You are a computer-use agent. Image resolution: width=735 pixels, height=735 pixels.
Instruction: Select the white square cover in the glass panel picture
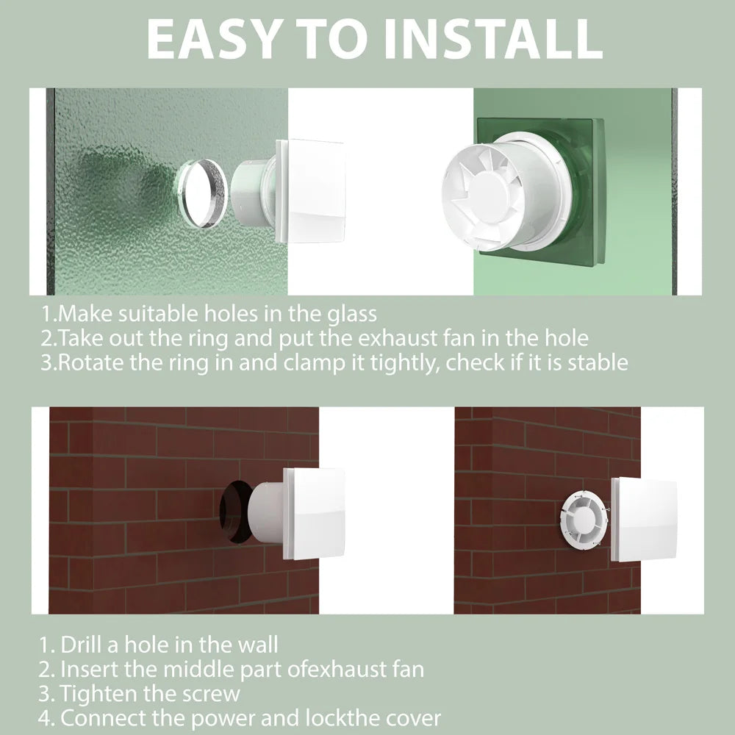[311, 190]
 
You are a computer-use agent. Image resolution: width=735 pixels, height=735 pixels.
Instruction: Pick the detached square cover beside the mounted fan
[644, 520]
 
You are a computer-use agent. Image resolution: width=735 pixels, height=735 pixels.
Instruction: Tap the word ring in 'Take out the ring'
[225, 339]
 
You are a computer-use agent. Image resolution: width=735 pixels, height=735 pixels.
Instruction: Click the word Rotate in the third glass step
[87, 363]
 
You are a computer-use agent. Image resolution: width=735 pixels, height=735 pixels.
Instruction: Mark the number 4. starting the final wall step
[47, 718]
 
